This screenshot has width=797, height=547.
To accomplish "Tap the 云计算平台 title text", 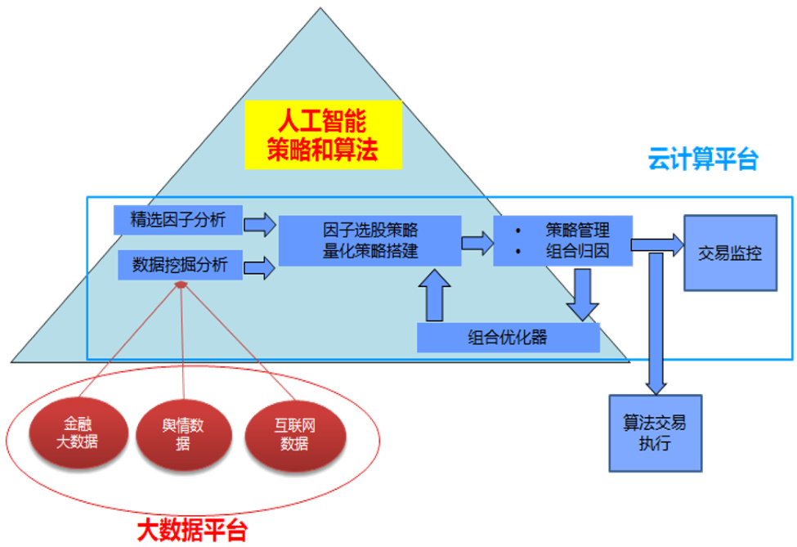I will [703, 159].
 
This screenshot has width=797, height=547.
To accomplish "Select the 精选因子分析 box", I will [178, 219].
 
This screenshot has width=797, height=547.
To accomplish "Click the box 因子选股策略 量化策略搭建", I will [370, 240].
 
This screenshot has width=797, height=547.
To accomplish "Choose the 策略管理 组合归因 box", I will [562, 240].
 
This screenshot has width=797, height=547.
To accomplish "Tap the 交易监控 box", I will [730, 253].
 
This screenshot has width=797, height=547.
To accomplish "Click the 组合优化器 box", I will [508, 338].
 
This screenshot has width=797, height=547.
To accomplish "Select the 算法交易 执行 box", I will [655, 433].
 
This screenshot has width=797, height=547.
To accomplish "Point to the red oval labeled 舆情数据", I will [183, 433].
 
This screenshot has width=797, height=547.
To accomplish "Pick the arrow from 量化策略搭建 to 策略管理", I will [477, 242].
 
